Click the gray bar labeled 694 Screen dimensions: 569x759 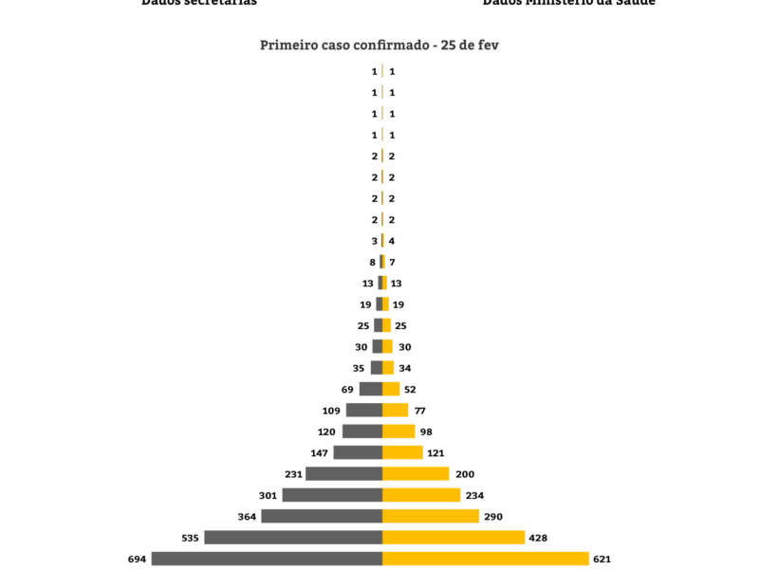(x=267, y=559)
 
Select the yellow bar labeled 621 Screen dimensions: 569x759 (x=486, y=559)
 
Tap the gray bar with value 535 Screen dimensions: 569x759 (x=293, y=538)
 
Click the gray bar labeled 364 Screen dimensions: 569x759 (x=322, y=516)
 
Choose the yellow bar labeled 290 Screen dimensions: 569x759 (x=431, y=516)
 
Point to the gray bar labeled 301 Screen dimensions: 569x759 (x=332, y=495)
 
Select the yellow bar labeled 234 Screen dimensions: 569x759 (x=421, y=495)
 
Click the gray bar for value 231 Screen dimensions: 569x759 (x=343, y=474)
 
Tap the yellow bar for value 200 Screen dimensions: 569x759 (x=416, y=474)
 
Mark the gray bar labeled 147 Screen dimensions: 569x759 (x=358, y=452)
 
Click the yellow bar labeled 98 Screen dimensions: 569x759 (x=398, y=431)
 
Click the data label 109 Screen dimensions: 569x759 (x=331, y=411)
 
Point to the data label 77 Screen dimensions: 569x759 (x=419, y=411)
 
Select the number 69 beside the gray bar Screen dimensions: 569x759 (x=347, y=390)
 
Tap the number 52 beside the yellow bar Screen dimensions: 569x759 (x=410, y=390)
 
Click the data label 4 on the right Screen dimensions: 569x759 (x=392, y=241)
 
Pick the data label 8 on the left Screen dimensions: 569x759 (x=374, y=262)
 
